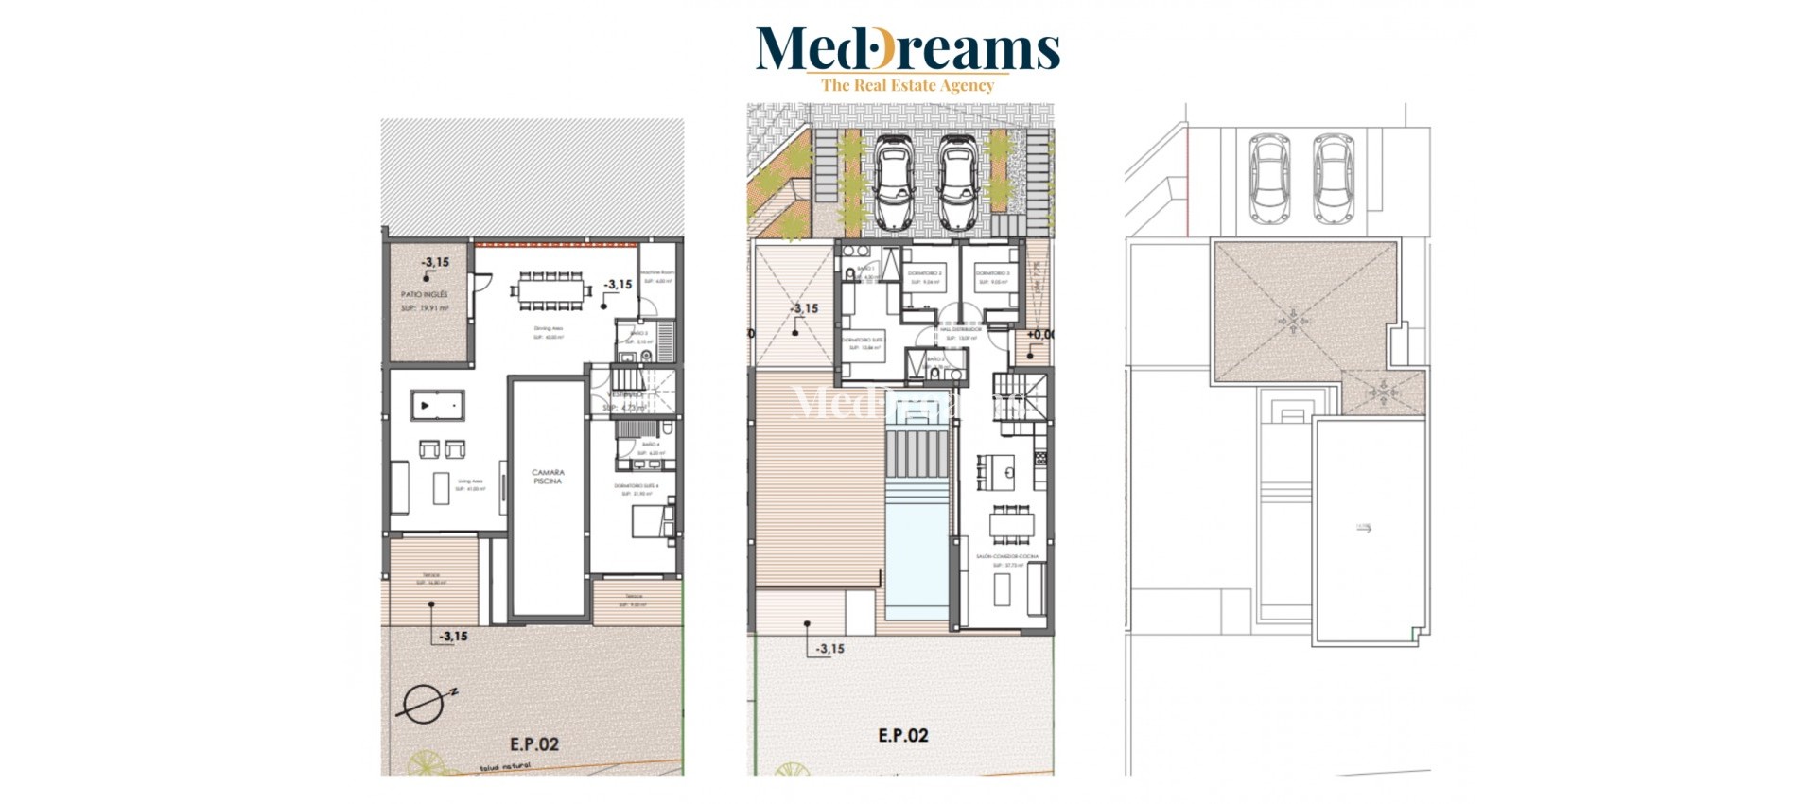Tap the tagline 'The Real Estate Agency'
907,85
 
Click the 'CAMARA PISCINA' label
548,476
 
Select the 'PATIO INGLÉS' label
425,295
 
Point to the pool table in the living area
437,406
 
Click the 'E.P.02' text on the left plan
534,744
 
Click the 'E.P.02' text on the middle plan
903,735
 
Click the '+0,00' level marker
1040,335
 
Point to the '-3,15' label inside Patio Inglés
435,262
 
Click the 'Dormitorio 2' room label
924,273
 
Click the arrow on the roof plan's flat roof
1364,530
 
